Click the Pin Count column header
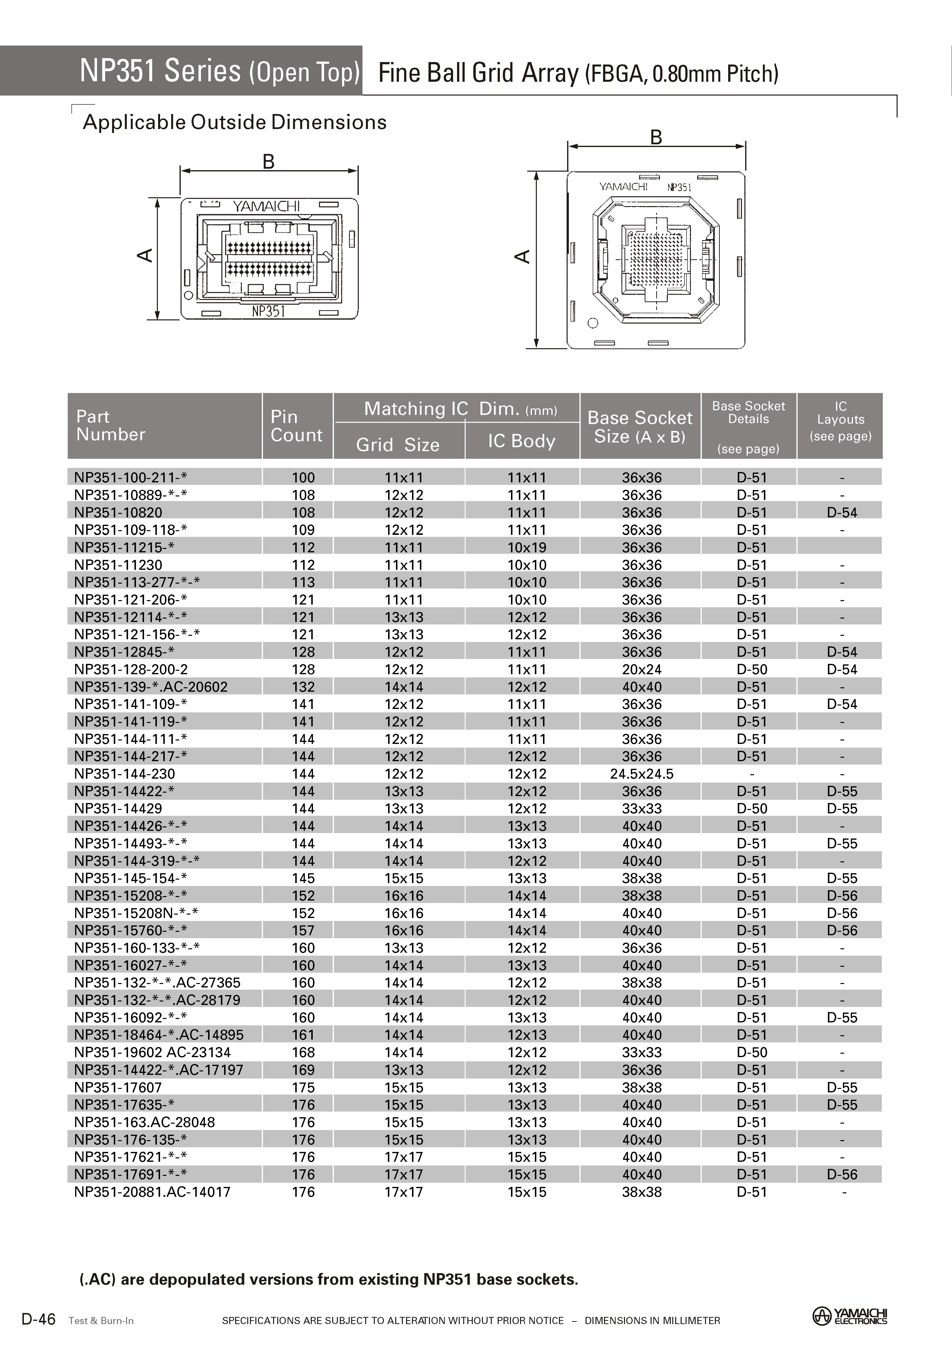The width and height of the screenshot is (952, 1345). tap(296, 426)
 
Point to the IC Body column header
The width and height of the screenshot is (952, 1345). tap(521, 441)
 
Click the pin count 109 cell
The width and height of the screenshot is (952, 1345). tap(303, 530)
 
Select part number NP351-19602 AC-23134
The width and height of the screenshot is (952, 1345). tap(152, 1052)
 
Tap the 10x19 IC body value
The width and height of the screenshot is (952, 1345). tap(526, 547)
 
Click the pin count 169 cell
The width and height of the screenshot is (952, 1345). tap(303, 1070)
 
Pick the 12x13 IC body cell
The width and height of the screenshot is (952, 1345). tap(526, 1035)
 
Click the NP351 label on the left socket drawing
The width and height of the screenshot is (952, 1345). tap(268, 311)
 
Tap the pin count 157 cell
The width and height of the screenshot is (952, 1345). tap(303, 931)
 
